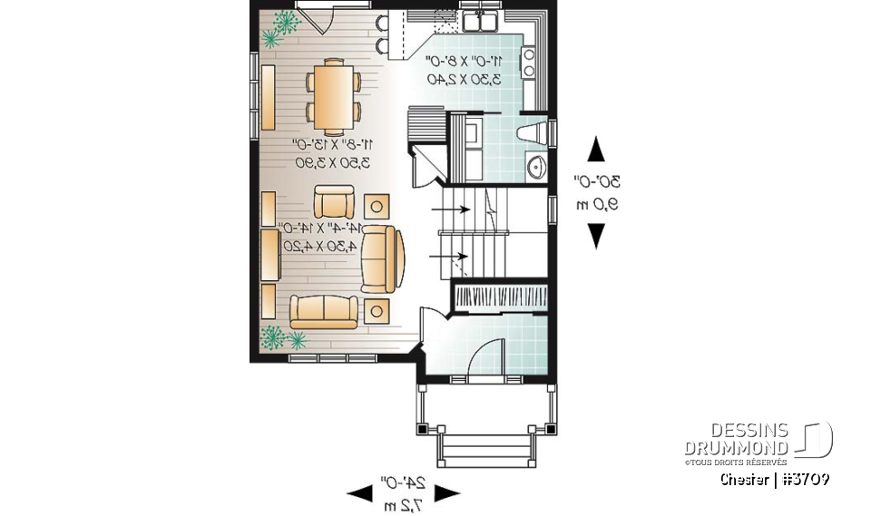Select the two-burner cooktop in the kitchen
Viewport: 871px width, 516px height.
[528, 62]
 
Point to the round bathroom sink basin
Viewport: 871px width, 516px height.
[534, 169]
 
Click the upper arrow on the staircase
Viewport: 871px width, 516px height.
[451, 209]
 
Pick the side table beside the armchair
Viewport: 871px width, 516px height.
[376, 204]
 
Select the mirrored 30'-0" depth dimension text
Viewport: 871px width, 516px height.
[597, 181]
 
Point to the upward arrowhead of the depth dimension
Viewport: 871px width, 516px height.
[596, 148]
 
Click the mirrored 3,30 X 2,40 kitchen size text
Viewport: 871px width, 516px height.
[459, 80]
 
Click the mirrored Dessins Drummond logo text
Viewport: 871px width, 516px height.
[738, 440]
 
